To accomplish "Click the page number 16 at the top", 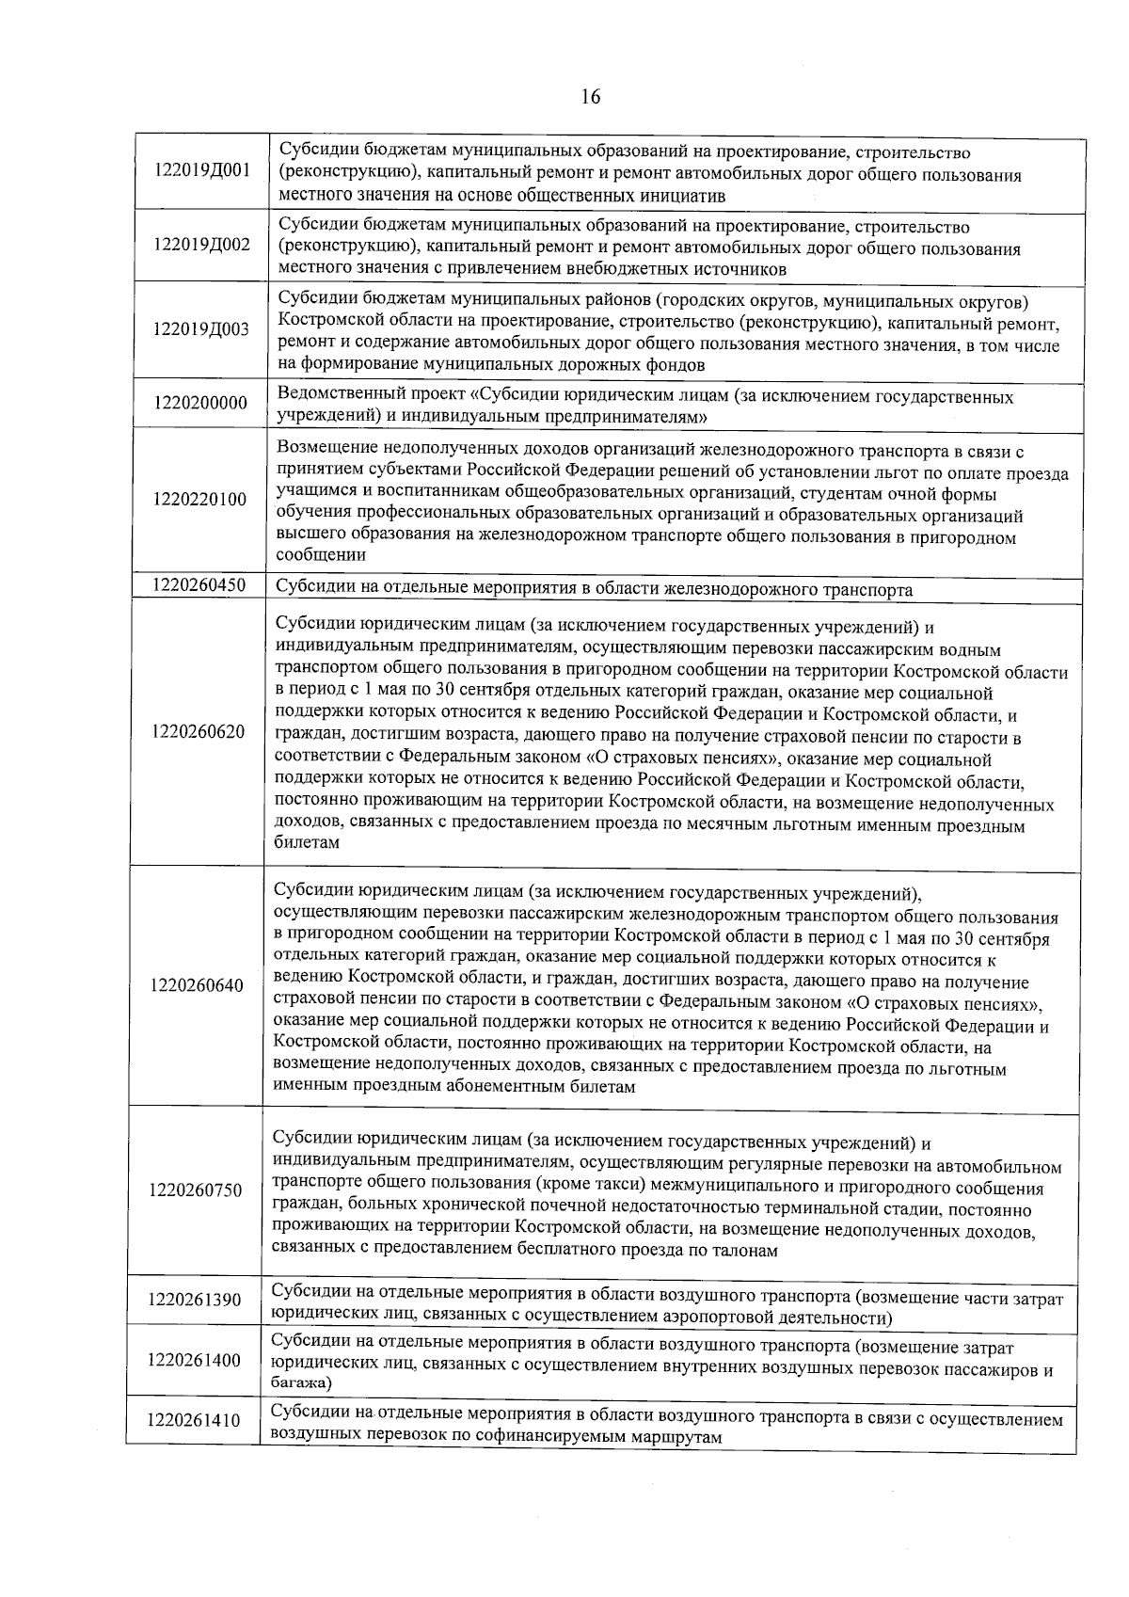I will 591,97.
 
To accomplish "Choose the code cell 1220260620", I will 199,732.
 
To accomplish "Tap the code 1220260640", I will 197,985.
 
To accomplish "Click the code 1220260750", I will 196,1190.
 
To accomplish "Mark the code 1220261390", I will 195,1300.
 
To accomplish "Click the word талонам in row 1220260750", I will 745,1251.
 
